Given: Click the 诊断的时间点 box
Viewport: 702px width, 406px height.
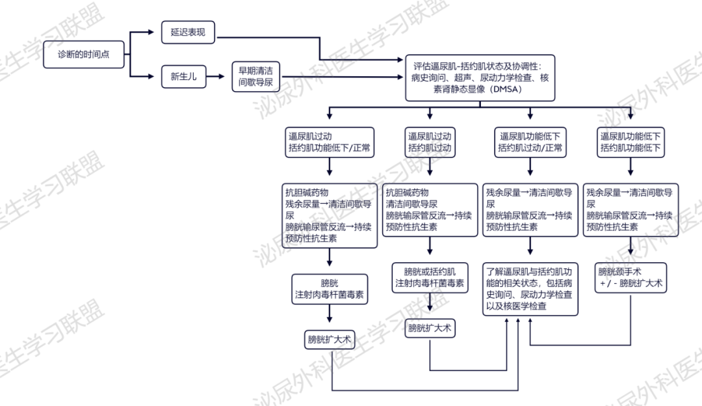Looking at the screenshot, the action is [x=84, y=54].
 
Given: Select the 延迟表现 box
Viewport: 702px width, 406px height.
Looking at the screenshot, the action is [x=188, y=33].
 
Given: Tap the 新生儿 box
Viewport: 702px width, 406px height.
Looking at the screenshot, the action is [x=183, y=77].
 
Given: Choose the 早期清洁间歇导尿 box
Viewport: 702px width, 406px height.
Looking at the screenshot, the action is [x=255, y=77].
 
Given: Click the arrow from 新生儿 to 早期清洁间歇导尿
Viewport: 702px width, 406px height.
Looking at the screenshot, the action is [x=215, y=77].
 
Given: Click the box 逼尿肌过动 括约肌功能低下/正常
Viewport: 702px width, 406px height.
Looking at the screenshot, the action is [x=330, y=142].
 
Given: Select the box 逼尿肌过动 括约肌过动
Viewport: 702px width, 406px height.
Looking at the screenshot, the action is [x=430, y=142].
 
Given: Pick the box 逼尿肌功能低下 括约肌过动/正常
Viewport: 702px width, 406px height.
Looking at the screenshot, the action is [x=530, y=142].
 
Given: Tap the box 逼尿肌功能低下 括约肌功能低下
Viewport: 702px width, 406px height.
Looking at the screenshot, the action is [x=630, y=142].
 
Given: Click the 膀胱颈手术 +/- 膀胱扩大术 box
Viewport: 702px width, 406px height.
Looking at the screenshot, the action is [x=630, y=278].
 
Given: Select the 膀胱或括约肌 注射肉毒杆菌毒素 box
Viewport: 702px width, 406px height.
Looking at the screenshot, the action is [x=430, y=278].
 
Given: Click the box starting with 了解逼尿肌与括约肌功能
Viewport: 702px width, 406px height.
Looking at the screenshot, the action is [x=530, y=289].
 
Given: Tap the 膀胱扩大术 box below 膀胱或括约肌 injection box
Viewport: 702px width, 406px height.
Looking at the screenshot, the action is [x=430, y=329].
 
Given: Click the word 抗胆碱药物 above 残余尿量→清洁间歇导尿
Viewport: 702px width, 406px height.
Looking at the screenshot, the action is [x=307, y=193].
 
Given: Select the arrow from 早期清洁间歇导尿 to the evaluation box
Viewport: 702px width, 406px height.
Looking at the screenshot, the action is [x=342, y=77].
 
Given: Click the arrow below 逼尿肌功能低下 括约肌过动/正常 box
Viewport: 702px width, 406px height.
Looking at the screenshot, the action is [x=530, y=167].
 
